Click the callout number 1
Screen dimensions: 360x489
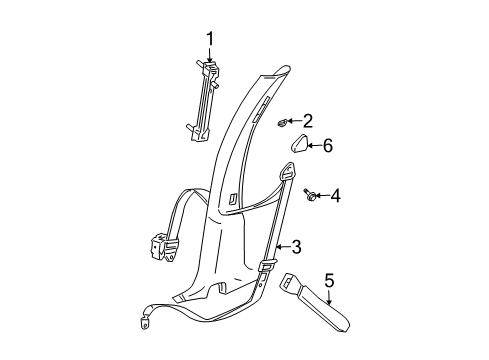pos(211,39)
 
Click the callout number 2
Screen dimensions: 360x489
pos(307,121)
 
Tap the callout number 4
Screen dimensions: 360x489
pos(336,196)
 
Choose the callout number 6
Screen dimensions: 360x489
pos(326,146)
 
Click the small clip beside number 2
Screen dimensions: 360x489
pos(283,123)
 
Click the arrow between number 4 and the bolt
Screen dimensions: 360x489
pos(324,196)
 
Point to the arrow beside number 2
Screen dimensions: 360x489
pos(295,122)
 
